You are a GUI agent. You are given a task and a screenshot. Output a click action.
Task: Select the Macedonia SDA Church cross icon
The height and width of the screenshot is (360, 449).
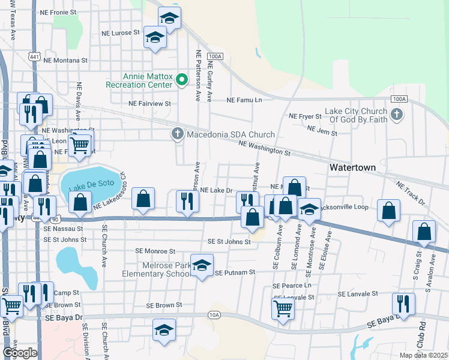tap(177, 134)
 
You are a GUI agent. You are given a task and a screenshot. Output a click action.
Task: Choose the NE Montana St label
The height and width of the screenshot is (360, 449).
tap(65, 61)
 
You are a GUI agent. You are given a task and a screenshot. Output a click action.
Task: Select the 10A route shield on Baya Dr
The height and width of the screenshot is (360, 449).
tap(214, 314)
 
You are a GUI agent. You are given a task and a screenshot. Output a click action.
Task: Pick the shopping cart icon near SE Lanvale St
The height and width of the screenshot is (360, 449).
tap(283, 310)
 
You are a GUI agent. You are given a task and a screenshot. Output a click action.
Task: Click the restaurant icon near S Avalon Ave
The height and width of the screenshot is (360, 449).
tap(403, 304)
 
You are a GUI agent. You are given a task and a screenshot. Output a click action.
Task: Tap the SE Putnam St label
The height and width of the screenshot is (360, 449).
tap(235, 272)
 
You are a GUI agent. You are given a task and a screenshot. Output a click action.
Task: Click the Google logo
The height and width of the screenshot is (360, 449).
tap(19, 352)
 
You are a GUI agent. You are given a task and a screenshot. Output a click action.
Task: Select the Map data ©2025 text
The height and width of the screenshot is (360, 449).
tap(423, 355)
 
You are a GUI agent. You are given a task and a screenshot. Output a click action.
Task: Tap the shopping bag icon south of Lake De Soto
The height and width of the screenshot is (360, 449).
tap(144, 200)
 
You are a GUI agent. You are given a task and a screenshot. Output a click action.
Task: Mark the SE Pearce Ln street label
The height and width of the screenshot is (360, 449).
tap(293, 287)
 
